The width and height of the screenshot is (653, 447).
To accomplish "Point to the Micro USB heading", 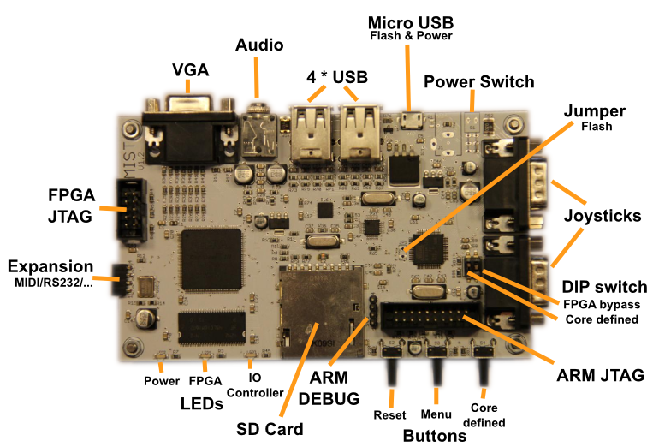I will coord(410,21).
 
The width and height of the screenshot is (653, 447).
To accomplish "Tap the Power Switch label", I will coord(478,82).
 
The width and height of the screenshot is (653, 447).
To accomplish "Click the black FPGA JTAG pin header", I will coord(132,212).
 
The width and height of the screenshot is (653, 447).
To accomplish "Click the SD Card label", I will coord(270,428).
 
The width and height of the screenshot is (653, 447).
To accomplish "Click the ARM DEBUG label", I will coord(335,385).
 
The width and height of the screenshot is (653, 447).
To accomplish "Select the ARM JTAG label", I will coord(600,374).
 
